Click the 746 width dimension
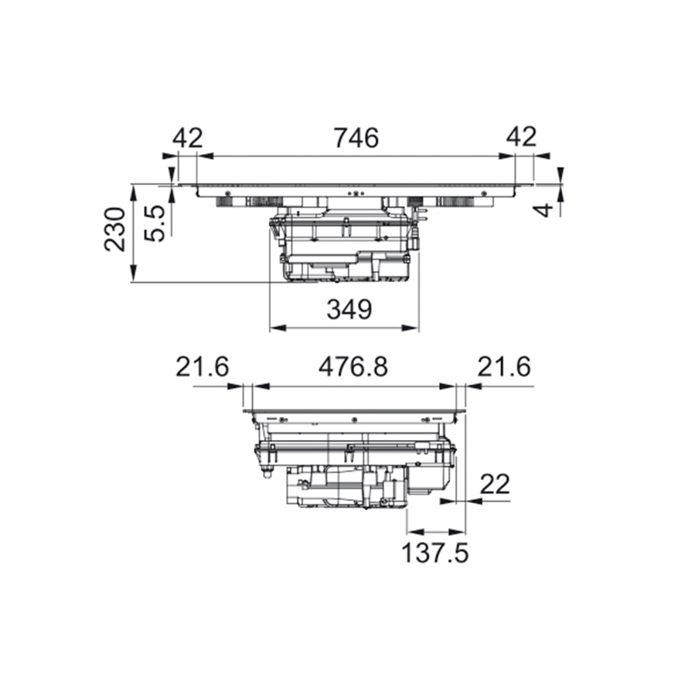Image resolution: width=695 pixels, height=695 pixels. (x=356, y=138)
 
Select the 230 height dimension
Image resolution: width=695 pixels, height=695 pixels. (x=114, y=229)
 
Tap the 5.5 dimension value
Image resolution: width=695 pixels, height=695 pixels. (x=155, y=223)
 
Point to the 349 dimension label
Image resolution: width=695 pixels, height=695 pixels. (x=349, y=309)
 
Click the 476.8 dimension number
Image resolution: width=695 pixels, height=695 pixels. (x=353, y=367)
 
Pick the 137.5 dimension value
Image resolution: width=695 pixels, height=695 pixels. (x=434, y=553)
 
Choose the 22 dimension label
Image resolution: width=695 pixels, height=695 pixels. (x=495, y=485)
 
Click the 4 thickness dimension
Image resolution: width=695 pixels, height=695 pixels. (x=546, y=210)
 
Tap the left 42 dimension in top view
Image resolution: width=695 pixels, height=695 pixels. (x=188, y=138)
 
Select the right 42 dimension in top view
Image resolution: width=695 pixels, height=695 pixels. (x=522, y=137)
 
